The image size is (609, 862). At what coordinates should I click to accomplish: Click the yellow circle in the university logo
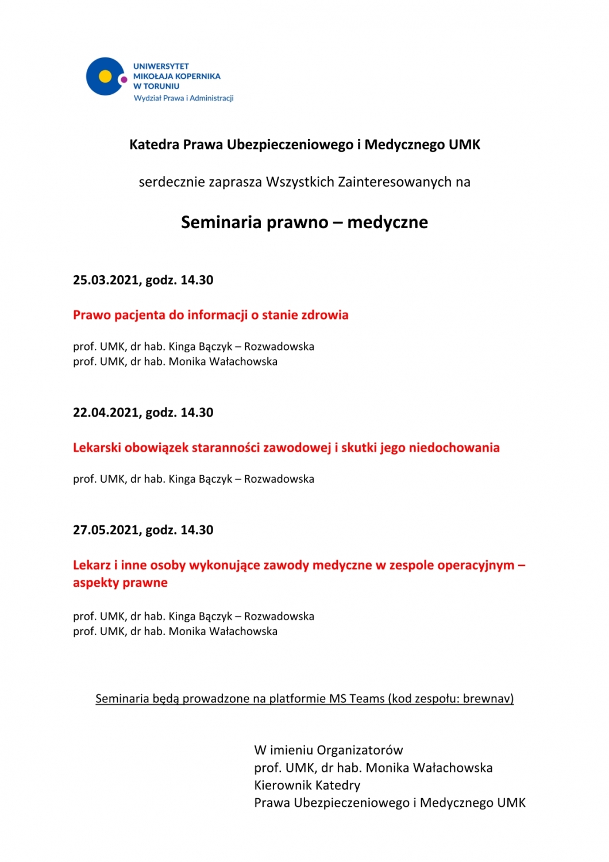coord(105,76)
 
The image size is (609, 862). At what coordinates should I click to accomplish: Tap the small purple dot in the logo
coord(124,79)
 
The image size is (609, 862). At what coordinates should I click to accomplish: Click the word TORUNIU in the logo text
coord(161,86)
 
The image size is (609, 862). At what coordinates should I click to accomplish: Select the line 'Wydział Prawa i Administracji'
coord(183,98)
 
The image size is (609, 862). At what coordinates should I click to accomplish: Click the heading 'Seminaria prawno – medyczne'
coord(304,222)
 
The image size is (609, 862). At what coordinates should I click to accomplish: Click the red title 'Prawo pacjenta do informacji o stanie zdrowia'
coord(210,315)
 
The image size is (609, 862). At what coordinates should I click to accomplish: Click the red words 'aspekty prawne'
coord(120,583)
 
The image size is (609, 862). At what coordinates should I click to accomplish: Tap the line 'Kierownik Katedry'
coord(307,786)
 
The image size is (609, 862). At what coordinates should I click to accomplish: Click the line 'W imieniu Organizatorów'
coord(328,751)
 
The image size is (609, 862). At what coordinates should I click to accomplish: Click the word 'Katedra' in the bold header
coord(154,145)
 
